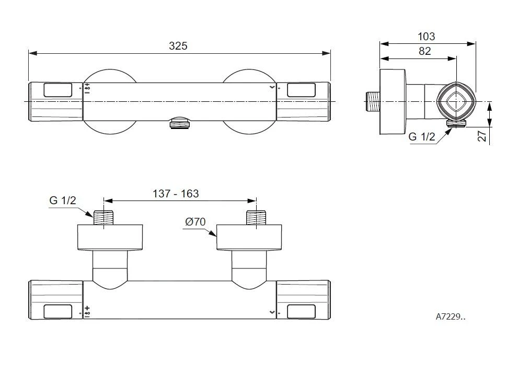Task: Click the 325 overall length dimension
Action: point(178,46)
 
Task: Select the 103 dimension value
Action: point(427,37)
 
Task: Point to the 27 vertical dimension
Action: point(482,136)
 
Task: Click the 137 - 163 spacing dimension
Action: point(176,194)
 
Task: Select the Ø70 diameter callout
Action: point(195,222)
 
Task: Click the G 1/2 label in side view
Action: point(421,137)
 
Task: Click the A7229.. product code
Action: point(450,316)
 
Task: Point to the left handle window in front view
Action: point(58,90)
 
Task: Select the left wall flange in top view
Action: point(110,238)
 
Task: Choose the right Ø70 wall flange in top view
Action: point(249,238)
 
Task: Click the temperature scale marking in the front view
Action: point(87,89)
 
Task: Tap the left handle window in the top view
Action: point(58,311)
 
